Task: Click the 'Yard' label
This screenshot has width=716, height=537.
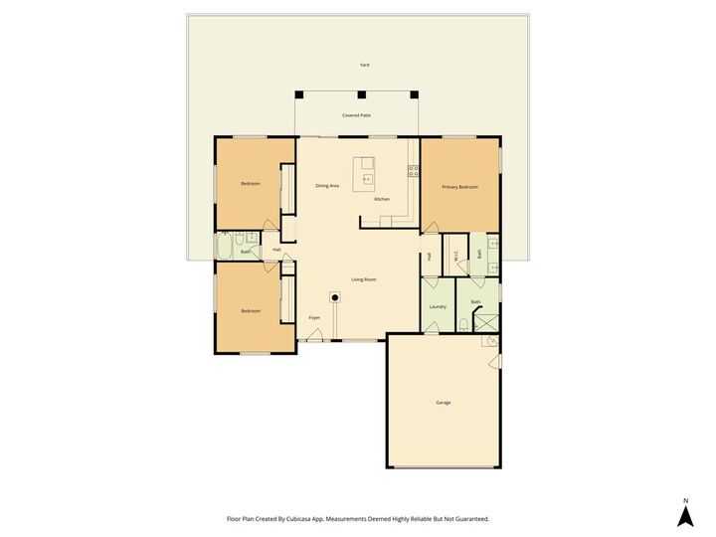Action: click(x=365, y=65)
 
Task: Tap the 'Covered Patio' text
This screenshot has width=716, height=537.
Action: click(x=357, y=115)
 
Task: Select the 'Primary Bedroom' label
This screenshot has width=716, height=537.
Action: click(x=459, y=187)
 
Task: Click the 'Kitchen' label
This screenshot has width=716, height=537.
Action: click(x=382, y=199)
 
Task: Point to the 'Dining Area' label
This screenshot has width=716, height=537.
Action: click(x=328, y=186)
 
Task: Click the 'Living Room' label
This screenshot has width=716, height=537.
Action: click(x=363, y=279)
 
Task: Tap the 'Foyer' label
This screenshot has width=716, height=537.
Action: click(x=314, y=318)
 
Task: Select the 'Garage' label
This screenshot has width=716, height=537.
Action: click(x=444, y=402)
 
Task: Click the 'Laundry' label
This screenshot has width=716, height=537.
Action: click(x=438, y=306)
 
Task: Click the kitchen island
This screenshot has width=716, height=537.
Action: click(x=365, y=171)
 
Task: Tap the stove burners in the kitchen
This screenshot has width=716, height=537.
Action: click(x=411, y=172)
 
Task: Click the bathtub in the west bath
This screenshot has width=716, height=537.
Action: click(x=226, y=246)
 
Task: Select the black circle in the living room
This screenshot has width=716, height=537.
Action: click(x=335, y=296)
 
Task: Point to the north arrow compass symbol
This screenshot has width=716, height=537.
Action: click(x=684, y=514)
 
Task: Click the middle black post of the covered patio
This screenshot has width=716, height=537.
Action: click(x=362, y=95)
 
